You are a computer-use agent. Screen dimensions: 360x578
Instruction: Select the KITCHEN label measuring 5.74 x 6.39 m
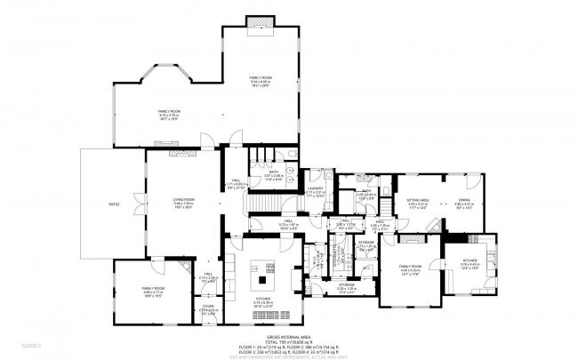(264, 300)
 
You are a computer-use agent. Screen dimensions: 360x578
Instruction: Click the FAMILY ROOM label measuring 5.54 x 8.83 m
(261, 79)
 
